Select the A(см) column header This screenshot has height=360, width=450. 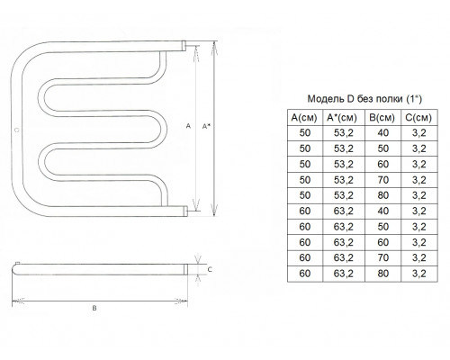click(304, 118)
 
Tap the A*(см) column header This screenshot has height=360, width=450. click(342, 118)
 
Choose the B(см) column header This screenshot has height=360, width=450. click(382, 118)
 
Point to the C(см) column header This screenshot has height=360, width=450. click(418, 118)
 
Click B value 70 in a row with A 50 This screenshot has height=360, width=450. click(383, 180)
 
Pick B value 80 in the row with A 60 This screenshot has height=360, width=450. click(383, 274)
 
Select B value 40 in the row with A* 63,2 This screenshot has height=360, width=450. click(383, 211)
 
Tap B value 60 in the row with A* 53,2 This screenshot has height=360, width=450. click(383, 165)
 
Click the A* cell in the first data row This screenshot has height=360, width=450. click(344, 133)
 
